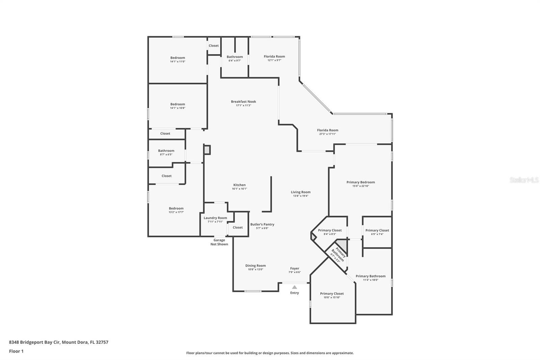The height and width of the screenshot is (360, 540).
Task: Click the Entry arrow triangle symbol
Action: coord(295,287)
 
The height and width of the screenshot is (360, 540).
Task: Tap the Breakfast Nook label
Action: coord(243,102)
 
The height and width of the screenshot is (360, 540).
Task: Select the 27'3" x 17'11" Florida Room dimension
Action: coord(327,134)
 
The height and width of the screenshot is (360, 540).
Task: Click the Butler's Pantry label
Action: coord(262,225)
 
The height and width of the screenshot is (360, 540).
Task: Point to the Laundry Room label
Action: coord(215,218)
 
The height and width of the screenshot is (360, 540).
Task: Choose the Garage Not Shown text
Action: coord(219,242)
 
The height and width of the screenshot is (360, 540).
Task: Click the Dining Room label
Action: coord(255,266)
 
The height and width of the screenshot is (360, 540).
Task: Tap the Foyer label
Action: coord(295,268)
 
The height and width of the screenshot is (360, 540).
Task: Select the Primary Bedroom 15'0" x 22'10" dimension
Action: coord(360,186)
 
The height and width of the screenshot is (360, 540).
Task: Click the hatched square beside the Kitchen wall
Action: coord(207,150)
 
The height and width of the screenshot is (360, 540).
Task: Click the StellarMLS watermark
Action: coord(524,180)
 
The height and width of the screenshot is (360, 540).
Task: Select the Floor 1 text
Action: coord(16,351)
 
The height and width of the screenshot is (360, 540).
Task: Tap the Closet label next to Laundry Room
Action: coord(238,228)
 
